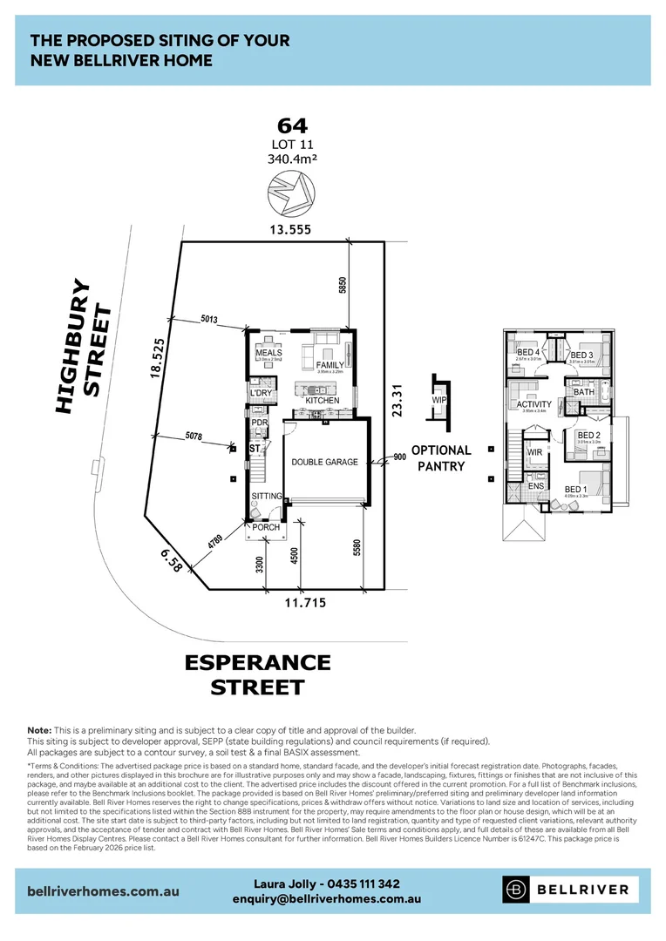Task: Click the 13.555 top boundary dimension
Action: [x=290, y=229]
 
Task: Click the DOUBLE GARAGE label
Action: [x=324, y=462]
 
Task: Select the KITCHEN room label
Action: [x=322, y=401]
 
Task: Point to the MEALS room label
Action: [x=268, y=353]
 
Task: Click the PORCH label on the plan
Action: [x=266, y=527]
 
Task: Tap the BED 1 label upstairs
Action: [x=574, y=491]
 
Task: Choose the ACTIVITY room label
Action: [x=533, y=404]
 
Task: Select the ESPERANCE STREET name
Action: [x=257, y=674]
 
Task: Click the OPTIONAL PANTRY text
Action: [x=440, y=458]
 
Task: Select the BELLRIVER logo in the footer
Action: [x=571, y=890]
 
